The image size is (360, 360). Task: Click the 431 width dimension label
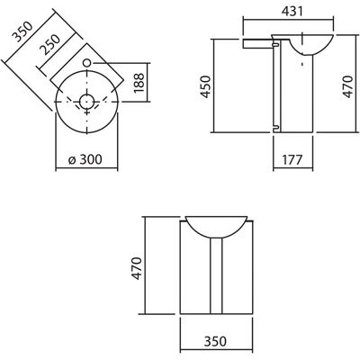tap(292, 12)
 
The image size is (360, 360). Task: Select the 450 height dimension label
tap(206, 86)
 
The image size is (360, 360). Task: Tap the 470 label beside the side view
tap(347, 86)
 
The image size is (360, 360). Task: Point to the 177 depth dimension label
tap(292, 160)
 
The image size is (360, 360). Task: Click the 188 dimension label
tap(139, 83)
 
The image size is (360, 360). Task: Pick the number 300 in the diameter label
tap(91, 159)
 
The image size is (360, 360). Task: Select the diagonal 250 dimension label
tap(50, 44)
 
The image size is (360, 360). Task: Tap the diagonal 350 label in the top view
tap(22, 31)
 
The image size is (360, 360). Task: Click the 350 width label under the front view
tap(215, 342)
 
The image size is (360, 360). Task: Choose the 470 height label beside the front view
tap(137, 268)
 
